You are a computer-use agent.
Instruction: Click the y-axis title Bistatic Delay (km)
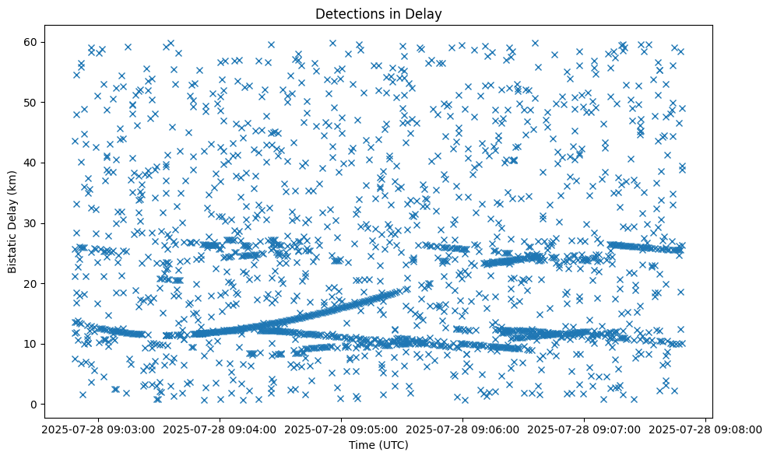point(13,221)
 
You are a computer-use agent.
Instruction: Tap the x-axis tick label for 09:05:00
point(341,429)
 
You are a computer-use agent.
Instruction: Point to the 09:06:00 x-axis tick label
point(463,429)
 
